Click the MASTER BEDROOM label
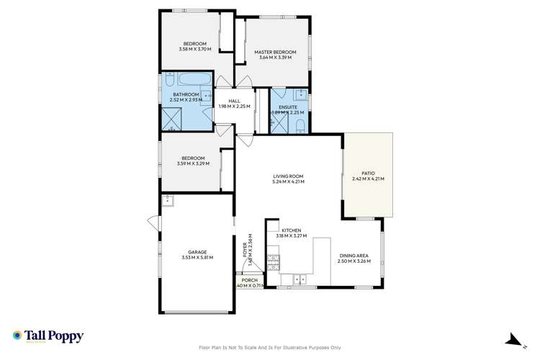274,52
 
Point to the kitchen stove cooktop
273,263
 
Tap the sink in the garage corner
167,199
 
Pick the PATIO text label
368,174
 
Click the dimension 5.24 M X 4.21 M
288,181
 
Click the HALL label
234,101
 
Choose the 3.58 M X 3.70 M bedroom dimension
193,49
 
